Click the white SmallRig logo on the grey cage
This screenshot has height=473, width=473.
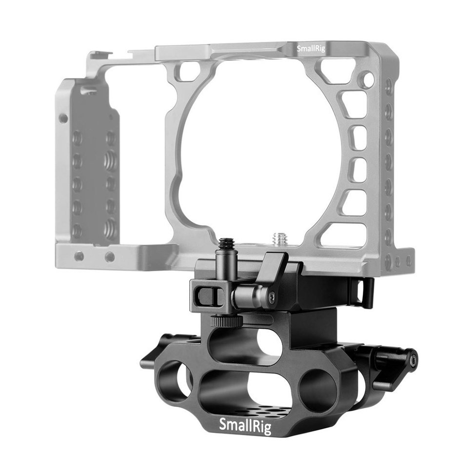click(311, 48)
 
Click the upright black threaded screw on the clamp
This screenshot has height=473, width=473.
click(227, 255)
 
